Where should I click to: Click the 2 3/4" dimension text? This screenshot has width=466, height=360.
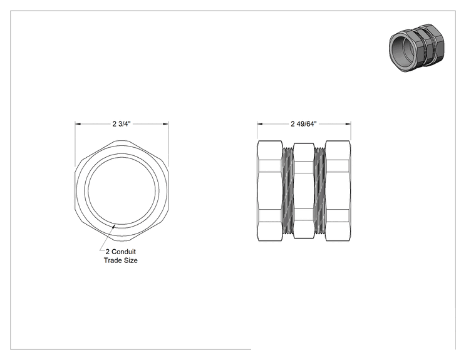(x=122, y=124)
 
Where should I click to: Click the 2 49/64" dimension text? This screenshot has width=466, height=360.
(x=304, y=124)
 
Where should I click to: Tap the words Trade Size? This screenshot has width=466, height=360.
(x=121, y=260)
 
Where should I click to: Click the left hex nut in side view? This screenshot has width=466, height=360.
(x=270, y=190)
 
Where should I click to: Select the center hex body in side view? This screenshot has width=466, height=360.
(x=303, y=190)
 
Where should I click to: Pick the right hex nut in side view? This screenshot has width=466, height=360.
(x=338, y=190)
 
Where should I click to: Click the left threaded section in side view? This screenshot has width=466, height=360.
(x=287, y=190)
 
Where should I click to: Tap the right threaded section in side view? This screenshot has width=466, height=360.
(x=319, y=190)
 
